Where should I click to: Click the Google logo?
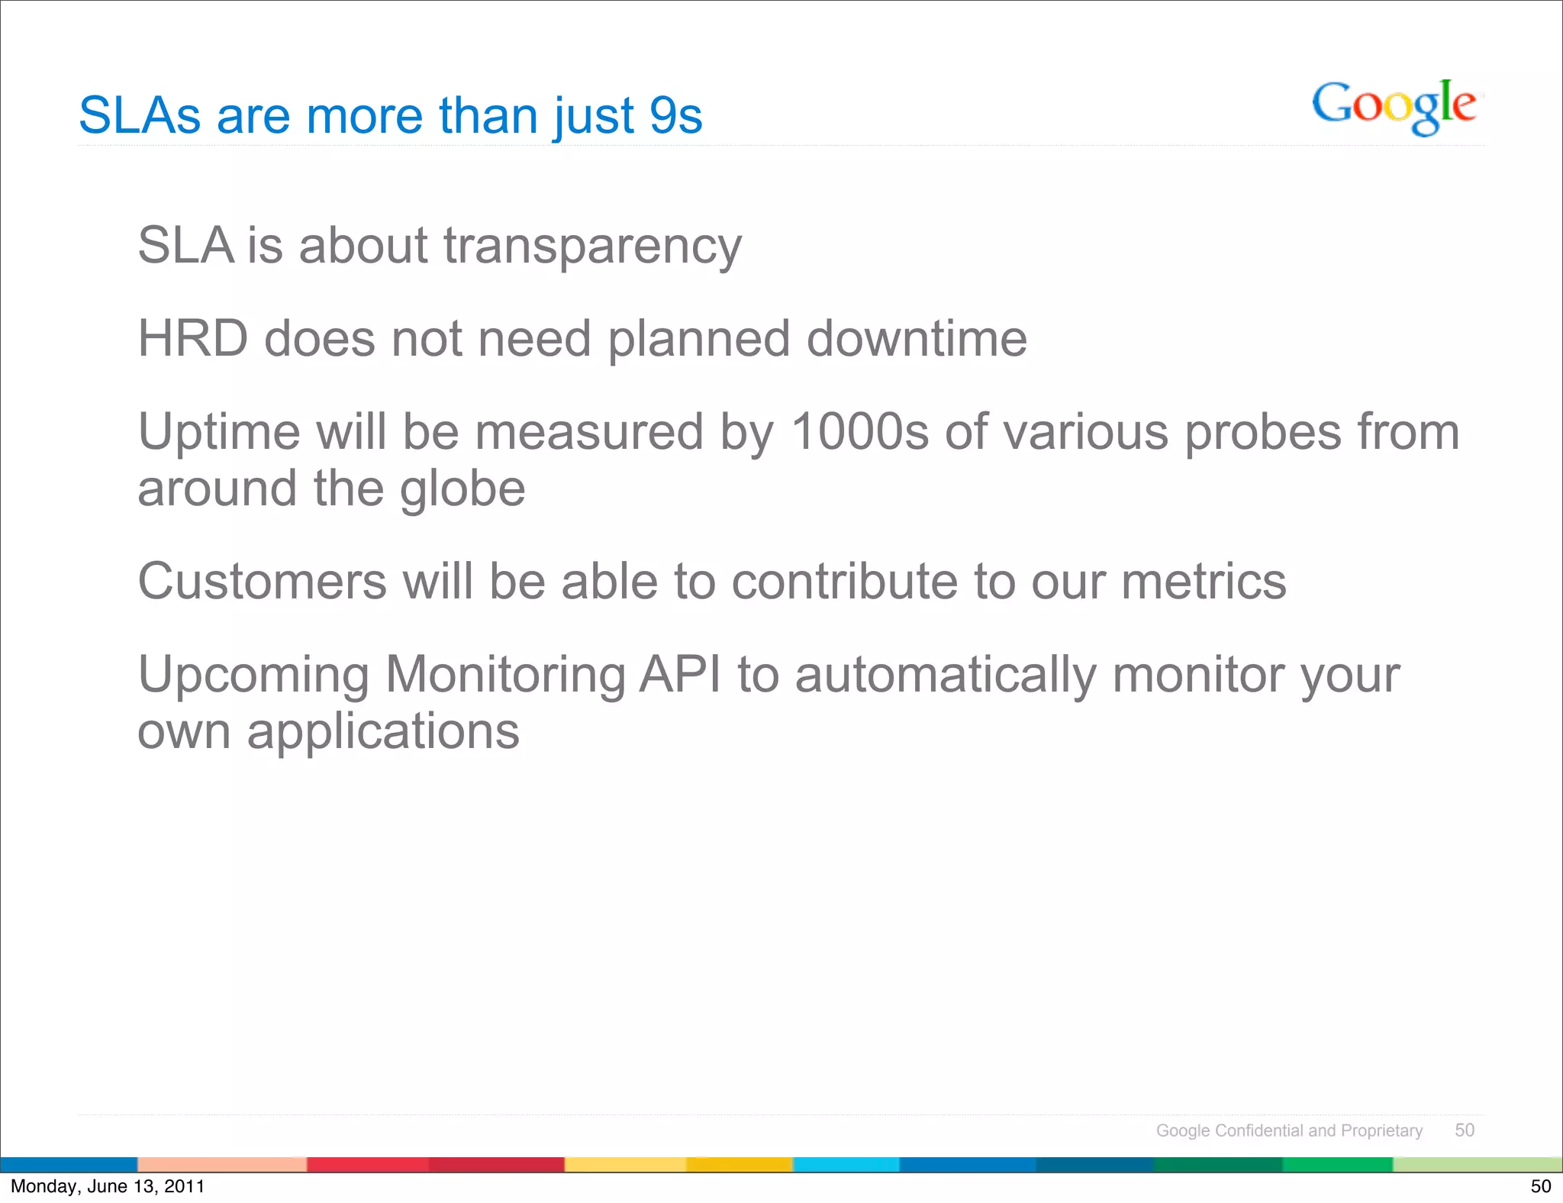pos(1394,107)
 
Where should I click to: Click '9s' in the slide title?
pos(675,116)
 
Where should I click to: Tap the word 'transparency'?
pos(592,247)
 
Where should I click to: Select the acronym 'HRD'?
pos(192,339)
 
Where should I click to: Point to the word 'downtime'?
pos(917,339)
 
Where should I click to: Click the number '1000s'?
pos(859,432)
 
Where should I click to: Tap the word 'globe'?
pos(462,489)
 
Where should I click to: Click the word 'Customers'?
pos(262,582)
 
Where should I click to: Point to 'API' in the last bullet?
pos(679,675)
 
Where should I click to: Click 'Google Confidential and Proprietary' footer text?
pos(1289,1130)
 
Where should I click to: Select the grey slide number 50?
pos(1464,1130)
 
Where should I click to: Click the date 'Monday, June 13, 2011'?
pos(108,1186)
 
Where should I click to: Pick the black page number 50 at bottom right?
pos(1540,1186)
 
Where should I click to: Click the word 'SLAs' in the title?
pos(140,116)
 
